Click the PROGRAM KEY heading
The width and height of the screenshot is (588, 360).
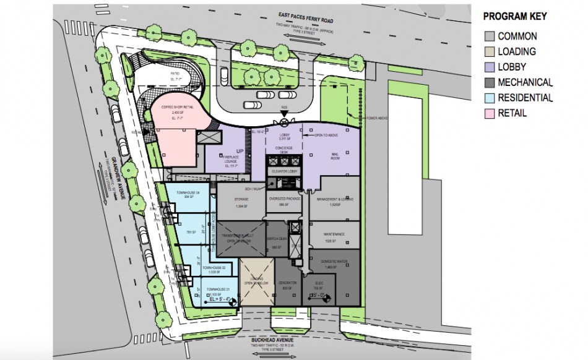(x=514, y=17)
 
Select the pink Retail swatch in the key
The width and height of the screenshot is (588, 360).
(x=489, y=113)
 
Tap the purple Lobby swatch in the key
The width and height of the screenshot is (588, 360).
(x=489, y=67)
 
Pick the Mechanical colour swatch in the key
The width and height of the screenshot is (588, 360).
(x=489, y=82)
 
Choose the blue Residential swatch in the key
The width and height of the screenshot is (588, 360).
(x=489, y=98)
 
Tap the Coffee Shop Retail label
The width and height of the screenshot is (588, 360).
(x=177, y=107)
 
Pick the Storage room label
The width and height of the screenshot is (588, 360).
(x=241, y=199)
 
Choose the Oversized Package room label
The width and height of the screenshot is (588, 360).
(x=285, y=199)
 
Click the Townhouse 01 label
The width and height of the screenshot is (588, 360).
(x=219, y=289)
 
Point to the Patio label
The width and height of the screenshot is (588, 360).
(x=175, y=73)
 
